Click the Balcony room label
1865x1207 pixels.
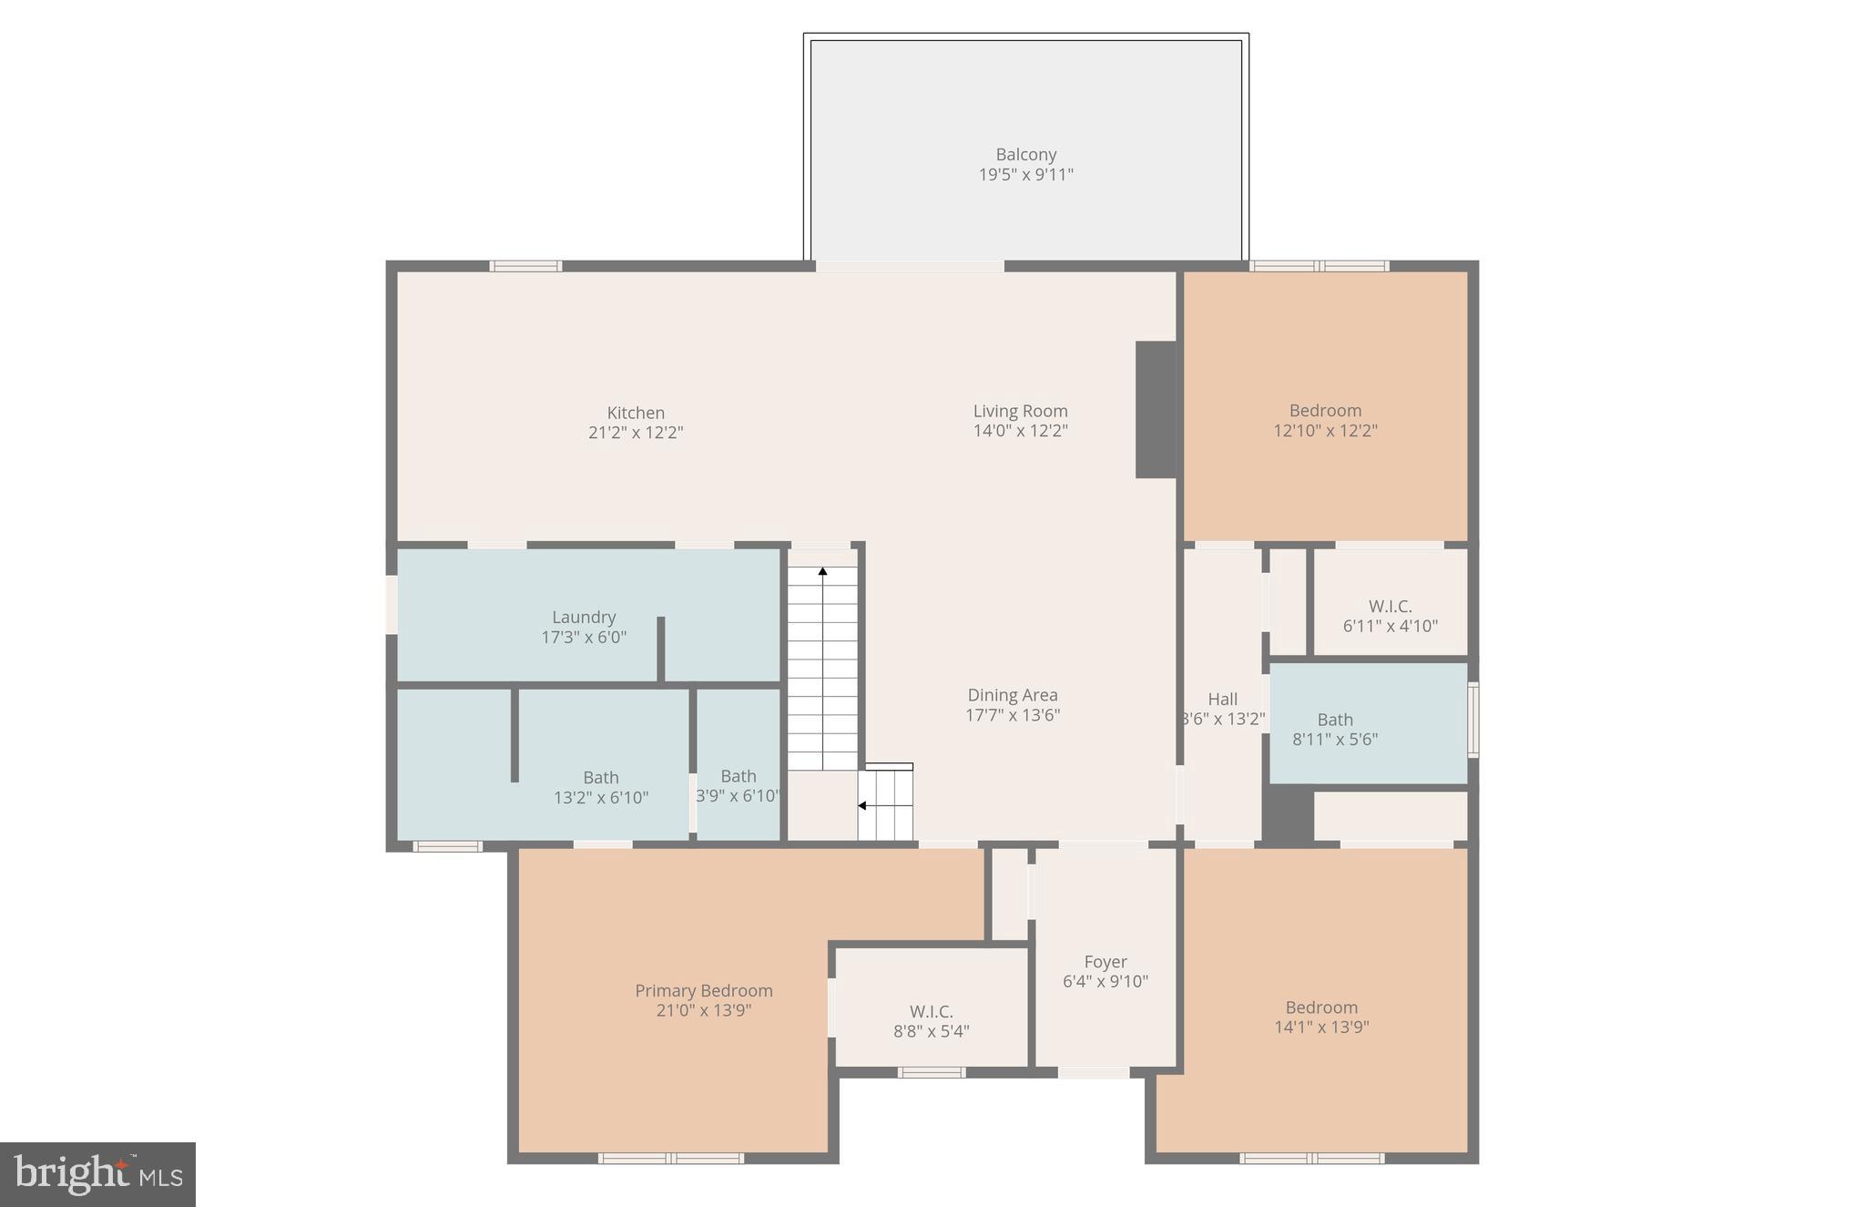[1025, 155]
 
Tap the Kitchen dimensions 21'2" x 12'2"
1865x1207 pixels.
[636, 433]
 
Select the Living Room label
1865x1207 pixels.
[1020, 411]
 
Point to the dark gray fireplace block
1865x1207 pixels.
[1156, 409]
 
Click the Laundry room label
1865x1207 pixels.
[584, 617]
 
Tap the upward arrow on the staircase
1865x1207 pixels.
[822, 572]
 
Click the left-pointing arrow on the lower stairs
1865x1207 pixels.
[861, 805]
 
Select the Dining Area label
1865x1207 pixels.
[1013, 695]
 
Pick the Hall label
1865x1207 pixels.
[1222, 699]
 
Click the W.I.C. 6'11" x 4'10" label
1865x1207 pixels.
[1390, 616]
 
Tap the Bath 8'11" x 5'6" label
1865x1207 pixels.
[1335, 729]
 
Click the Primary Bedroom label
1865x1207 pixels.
[704, 990]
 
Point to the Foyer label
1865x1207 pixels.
[1106, 962]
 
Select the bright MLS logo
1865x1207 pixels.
[97, 1174]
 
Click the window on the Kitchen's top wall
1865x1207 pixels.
[525, 266]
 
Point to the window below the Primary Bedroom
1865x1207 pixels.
[671, 1158]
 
